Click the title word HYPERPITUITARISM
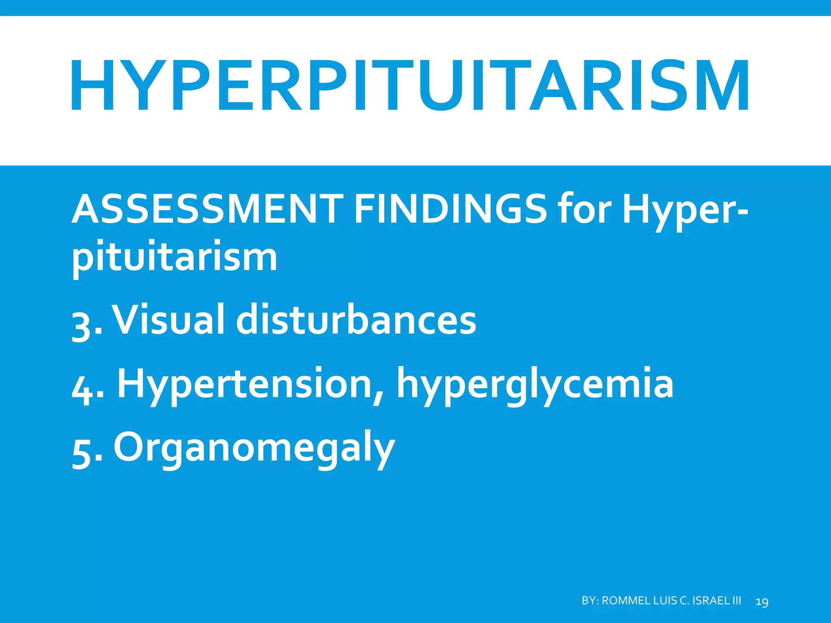[410, 85]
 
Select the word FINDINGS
[450, 210]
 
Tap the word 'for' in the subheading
[584, 210]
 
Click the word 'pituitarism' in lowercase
[174, 258]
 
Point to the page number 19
[762, 602]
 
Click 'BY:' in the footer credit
[590, 601]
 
